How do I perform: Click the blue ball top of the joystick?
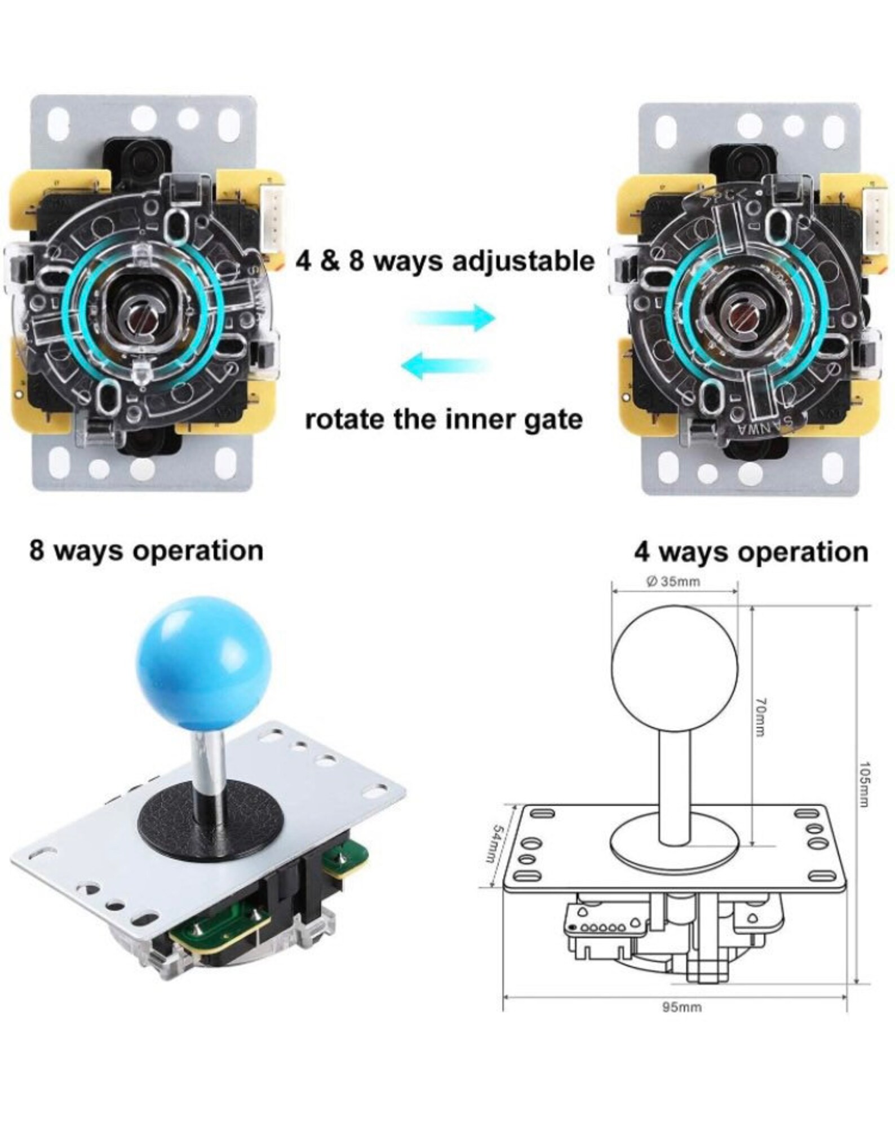click(x=205, y=667)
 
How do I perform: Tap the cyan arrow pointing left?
click(x=445, y=366)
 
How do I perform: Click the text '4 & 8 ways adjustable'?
click(x=445, y=262)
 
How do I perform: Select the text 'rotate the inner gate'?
click(x=444, y=420)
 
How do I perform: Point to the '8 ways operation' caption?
click(x=147, y=551)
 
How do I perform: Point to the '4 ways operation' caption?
click(x=751, y=552)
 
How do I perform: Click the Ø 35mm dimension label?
click(x=674, y=582)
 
